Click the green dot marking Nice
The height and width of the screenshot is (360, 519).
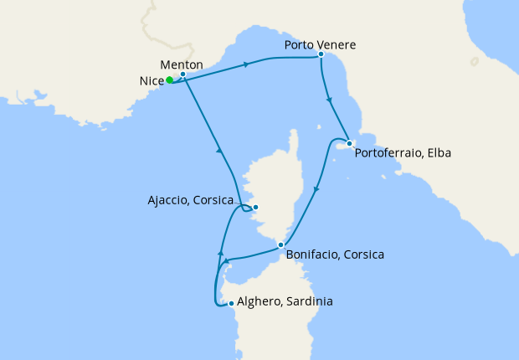tap(169, 80)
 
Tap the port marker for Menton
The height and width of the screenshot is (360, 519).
tap(182, 75)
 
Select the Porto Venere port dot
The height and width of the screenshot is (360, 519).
tap(321, 54)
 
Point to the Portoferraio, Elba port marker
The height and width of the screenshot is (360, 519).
tap(349, 143)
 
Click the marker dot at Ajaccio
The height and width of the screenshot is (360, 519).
tap(256, 208)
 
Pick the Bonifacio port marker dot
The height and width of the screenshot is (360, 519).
tap(280, 244)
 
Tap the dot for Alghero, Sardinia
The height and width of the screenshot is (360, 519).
tap(231, 303)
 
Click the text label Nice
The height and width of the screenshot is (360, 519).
tap(152, 81)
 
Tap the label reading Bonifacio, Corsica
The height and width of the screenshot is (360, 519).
tap(335, 254)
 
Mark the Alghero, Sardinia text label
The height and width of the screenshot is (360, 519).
tap(285, 301)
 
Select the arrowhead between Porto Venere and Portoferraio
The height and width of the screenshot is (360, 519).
tap(330, 101)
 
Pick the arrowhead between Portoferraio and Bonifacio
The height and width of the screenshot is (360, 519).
tap(316, 191)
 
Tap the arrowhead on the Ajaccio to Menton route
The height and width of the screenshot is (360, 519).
tap(218, 151)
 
